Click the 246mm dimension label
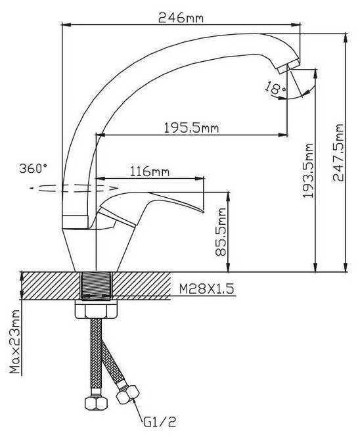coord(181,18)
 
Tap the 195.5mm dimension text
coord(191,128)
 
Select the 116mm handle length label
coord(150,172)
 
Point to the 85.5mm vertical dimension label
coord(221,231)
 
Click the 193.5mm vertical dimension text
coord(308,170)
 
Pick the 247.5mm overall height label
coord(338,152)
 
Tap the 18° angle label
coord(275,88)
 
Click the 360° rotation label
coord(33,168)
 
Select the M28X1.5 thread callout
coord(206,289)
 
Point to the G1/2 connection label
coord(160,422)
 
